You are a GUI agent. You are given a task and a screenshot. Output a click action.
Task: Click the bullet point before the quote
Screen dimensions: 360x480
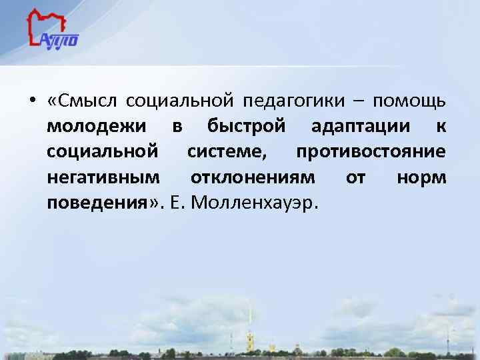tap(32, 102)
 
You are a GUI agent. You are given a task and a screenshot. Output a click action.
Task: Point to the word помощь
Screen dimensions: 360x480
tap(409, 102)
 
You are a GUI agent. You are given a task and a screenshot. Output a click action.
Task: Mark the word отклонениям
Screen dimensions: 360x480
tap(254, 178)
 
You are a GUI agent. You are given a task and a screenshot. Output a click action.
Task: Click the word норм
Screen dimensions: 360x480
tap(421, 178)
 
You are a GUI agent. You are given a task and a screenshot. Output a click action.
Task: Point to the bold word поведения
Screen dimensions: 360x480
tap(97, 203)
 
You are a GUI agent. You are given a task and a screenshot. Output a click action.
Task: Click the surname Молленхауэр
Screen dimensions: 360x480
tap(255, 203)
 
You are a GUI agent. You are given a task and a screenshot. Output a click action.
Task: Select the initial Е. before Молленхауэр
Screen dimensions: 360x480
tap(177, 203)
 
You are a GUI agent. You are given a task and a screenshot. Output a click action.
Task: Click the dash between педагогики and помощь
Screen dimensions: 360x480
tap(359, 102)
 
